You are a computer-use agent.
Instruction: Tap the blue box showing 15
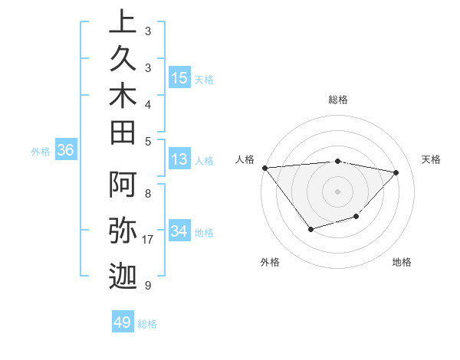tap(179, 78)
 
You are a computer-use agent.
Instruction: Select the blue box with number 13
tap(179, 160)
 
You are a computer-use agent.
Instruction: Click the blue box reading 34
tap(179, 231)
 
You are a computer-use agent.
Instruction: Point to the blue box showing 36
tap(66, 151)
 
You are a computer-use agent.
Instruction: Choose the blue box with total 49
tap(123, 322)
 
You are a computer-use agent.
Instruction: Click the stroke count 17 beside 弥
tap(149, 240)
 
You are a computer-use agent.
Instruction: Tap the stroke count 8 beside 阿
tap(148, 193)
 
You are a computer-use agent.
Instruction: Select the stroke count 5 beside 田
tap(148, 141)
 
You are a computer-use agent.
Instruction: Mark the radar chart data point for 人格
tap(264, 167)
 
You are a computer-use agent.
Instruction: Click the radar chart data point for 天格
tap(396, 172)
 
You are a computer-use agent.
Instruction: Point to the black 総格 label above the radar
tap(338, 100)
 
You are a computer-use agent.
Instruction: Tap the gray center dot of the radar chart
tap(337, 191)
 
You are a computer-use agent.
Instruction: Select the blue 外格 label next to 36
tap(41, 152)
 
